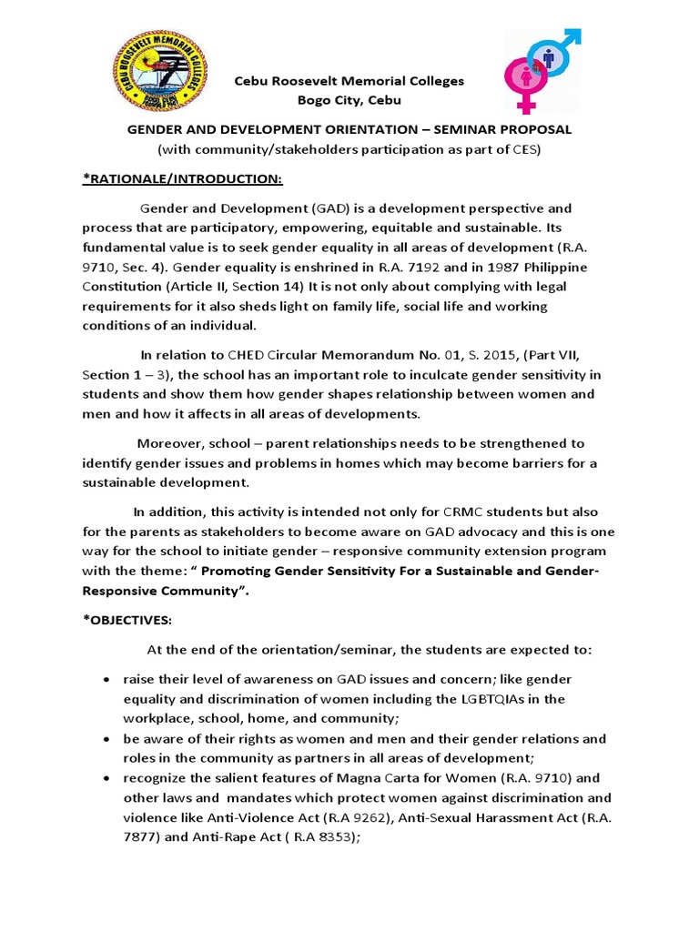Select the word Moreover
click(x=169, y=444)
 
